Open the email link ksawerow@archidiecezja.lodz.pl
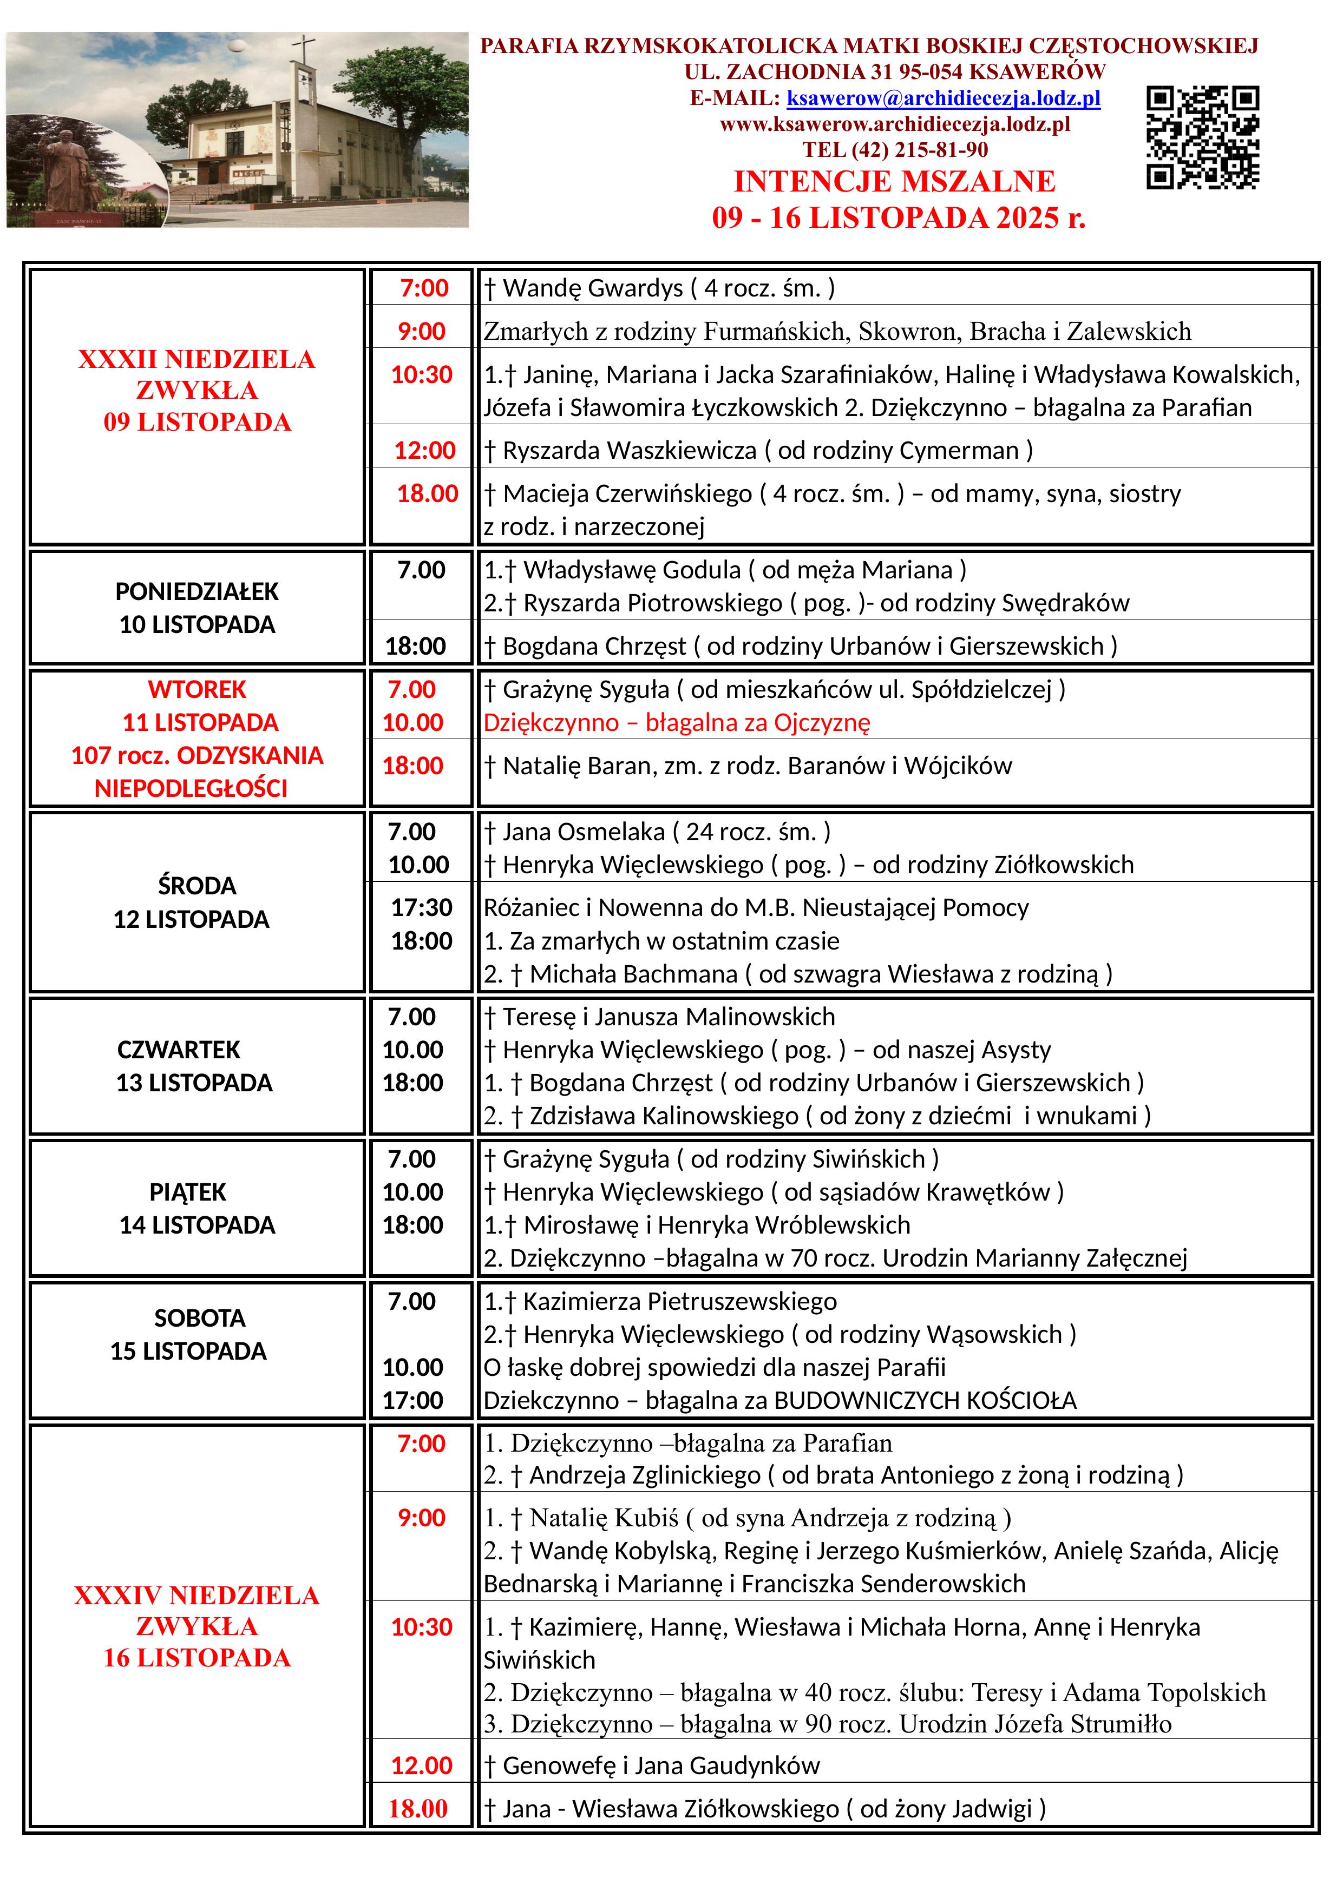tap(943, 98)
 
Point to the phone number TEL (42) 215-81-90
tap(895, 150)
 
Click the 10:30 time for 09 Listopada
tap(422, 374)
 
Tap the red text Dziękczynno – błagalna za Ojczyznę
tap(677, 722)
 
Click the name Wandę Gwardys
tap(593, 288)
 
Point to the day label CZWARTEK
tap(179, 1050)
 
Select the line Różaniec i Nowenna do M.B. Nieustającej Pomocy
tap(756, 908)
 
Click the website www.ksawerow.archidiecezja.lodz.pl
tap(895, 124)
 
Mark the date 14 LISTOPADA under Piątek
tap(197, 1225)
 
